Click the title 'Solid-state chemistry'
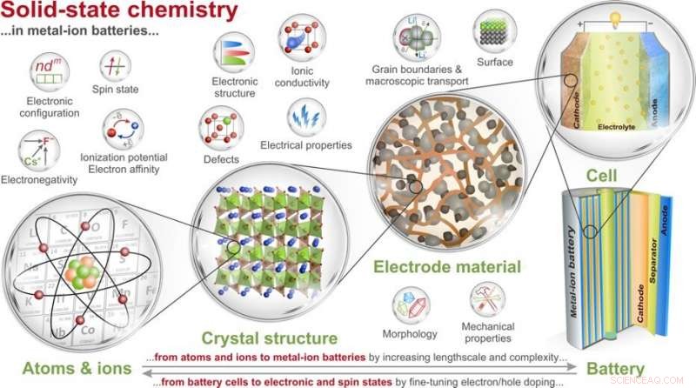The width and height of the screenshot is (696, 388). [119, 13]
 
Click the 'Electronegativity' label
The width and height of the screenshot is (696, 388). [39, 179]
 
